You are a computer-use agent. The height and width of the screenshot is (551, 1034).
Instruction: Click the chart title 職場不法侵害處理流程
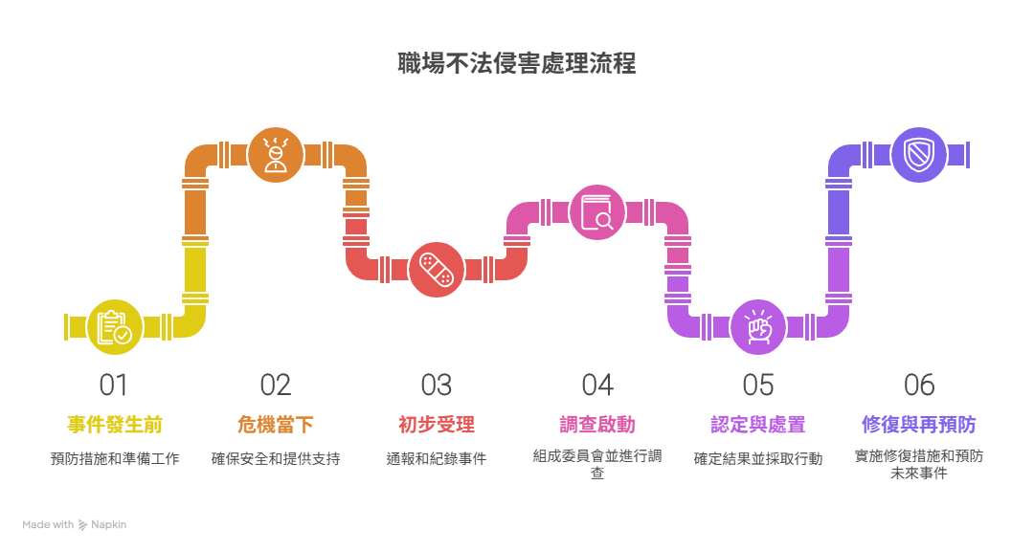517,64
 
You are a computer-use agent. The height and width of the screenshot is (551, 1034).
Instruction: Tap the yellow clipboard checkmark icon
115,326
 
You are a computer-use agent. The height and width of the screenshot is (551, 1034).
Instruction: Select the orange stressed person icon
276,154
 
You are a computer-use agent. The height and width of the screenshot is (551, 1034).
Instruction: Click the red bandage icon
437,269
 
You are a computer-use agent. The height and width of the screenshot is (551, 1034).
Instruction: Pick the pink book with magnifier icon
597,211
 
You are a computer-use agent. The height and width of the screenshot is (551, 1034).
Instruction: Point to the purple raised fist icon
758,326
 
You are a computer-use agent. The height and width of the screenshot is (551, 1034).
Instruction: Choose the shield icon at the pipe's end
919,154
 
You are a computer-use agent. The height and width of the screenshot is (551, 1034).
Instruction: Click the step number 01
114,386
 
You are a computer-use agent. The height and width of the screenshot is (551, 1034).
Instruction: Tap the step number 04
597,386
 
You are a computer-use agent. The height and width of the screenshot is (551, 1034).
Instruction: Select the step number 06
919,386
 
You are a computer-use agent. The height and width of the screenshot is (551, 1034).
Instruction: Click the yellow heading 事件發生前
115,424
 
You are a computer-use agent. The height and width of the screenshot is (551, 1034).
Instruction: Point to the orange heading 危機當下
276,424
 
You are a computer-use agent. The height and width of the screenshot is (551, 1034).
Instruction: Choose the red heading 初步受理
437,424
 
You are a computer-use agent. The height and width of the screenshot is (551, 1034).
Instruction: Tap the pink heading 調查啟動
597,424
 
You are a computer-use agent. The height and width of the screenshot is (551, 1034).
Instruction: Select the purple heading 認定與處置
758,424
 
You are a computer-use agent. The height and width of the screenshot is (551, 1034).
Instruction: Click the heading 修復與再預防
919,424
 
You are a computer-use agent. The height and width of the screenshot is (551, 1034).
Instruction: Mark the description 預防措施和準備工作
115,459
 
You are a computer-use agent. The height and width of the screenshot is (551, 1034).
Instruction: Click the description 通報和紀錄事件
437,459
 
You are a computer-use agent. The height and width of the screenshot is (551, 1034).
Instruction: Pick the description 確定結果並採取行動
758,459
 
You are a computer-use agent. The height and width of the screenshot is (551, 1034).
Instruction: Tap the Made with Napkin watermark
75,524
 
